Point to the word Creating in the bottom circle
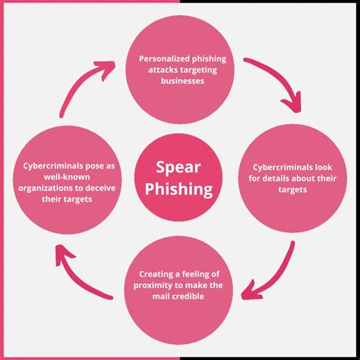[158, 273]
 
